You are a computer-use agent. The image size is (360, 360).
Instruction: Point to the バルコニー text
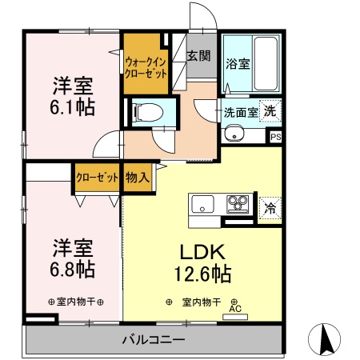point(153,339)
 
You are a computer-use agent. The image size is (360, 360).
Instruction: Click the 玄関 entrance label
point(198,56)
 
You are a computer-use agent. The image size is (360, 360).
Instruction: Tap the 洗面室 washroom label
point(240,113)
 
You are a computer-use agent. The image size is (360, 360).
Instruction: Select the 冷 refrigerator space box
point(270,207)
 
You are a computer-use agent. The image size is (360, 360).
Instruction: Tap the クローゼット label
point(98,178)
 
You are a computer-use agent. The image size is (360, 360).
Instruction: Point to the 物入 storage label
point(137,178)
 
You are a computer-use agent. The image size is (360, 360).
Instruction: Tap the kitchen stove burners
point(238,203)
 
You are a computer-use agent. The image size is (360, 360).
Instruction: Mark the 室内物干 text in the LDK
point(202,302)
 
